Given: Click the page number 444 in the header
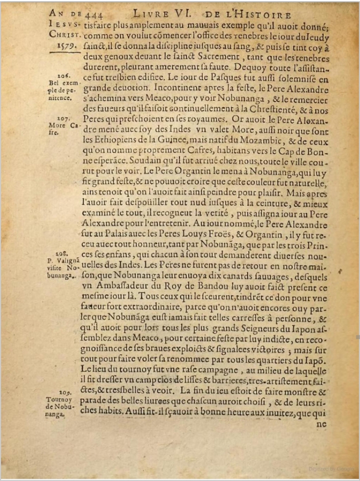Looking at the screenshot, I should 92,14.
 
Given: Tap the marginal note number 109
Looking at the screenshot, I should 65,392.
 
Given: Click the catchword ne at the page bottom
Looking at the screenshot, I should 321,424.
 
